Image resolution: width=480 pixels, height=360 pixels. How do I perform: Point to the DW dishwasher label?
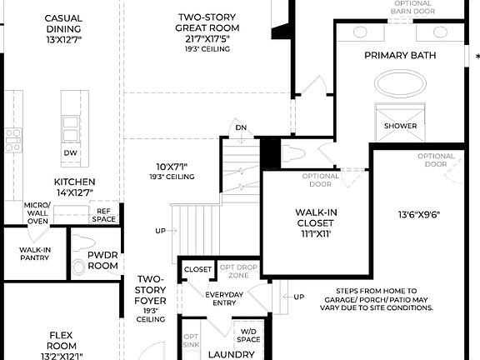(x=70, y=152)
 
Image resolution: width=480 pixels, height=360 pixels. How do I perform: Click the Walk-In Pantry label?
(x=34, y=253)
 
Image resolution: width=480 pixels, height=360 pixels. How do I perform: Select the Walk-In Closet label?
(x=315, y=217)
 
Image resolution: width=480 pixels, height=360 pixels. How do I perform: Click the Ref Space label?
(x=104, y=215)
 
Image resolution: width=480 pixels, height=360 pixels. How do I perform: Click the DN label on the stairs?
(x=241, y=127)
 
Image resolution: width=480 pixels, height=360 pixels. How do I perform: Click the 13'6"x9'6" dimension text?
(x=418, y=215)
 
